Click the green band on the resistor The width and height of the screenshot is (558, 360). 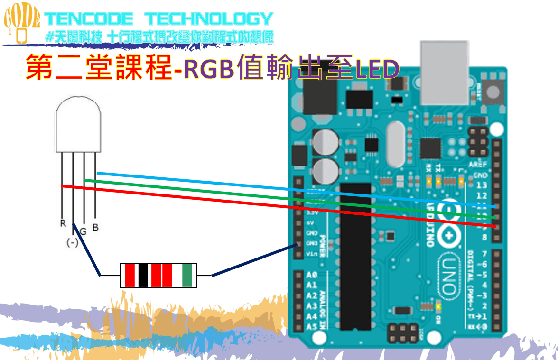187,275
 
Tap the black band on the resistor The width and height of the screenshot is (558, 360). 143,275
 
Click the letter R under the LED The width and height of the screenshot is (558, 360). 63,223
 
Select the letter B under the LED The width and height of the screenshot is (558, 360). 95,228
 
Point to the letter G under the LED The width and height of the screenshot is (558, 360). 83,231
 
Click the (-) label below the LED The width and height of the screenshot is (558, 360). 72,243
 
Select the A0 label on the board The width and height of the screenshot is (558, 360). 311,275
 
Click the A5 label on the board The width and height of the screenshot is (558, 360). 311,327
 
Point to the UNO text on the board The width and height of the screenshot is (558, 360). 450,270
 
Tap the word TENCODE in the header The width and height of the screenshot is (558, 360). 89,19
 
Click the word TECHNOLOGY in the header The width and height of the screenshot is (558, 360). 209,19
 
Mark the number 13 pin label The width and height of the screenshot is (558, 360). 482,185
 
